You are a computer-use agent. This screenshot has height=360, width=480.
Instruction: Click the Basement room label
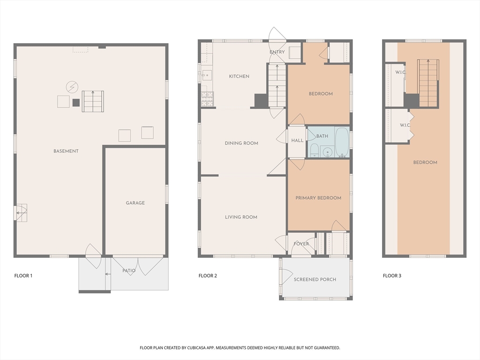tap(66, 151)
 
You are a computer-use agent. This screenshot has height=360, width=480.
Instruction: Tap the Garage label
tap(135, 202)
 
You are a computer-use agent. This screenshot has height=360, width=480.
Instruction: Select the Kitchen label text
tap(239, 76)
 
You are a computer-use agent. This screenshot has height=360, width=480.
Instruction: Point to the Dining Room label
tap(241, 143)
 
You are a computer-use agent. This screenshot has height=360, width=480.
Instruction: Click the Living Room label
tap(241, 217)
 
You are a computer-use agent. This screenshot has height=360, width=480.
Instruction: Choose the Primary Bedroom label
tap(318, 198)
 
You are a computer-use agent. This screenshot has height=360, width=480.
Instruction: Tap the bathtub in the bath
tap(342, 142)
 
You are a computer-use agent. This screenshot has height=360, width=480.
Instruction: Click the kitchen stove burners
tap(207, 99)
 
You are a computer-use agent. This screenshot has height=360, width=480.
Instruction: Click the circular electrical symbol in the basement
tap(72, 87)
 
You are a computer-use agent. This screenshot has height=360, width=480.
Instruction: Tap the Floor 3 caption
tap(392, 276)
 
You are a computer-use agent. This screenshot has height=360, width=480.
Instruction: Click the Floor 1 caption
tap(23, 276)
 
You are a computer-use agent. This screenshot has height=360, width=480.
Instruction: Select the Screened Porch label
tap(315, 279)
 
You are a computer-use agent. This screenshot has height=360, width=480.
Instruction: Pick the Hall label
tap(297, 141)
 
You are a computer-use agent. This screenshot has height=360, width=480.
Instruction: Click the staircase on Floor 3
tap(428, 83)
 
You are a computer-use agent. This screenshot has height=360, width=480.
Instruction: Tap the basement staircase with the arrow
tap(93, 101)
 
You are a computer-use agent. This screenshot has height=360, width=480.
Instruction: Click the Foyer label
tap(301, 244)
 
